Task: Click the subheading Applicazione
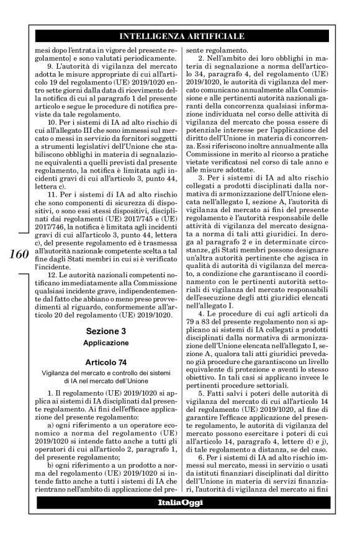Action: point(107,342)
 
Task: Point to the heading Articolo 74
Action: point(107,362)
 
